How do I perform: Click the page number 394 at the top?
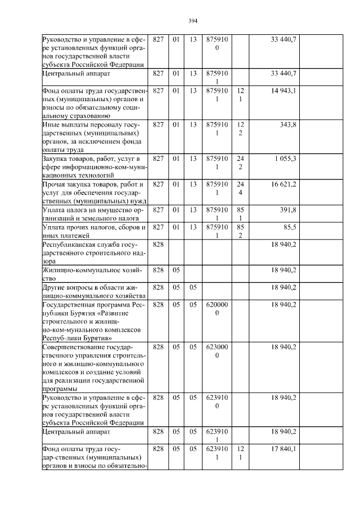(x=192, y=21)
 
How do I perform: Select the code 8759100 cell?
(x=217, y=43)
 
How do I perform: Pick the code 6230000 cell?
(x=217, y=351)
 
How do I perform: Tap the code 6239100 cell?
(x=217, y=402)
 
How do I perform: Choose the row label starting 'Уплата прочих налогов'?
(x=93, y=231)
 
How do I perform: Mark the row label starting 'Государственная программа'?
(x=93, y=321)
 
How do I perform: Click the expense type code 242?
(x=240, y=163)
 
